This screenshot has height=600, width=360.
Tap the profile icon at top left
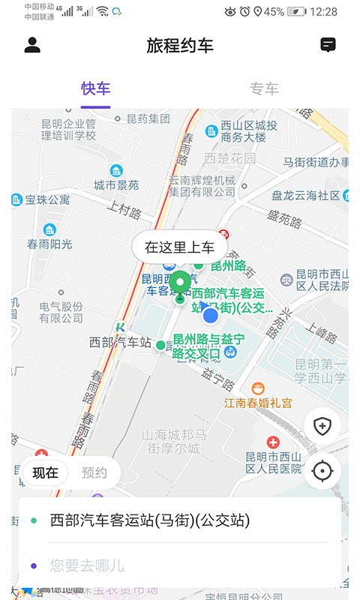(x=32, y=45)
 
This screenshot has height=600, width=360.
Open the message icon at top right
(x=328, y=45)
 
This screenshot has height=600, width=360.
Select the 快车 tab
(x=96, y=88)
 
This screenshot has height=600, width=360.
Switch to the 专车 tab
(x=264, y=88)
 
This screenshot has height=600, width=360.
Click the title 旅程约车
(x=180, y=45)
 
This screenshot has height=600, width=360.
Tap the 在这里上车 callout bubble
(x=179, y=247)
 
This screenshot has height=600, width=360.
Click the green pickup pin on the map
(x=180, y=283)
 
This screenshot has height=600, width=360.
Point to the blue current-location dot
(x=211, y=316)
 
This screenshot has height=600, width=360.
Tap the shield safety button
(x=322, y=427)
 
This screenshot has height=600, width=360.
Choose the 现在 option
(x=45, y=472)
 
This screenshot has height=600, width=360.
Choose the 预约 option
(x=94, y=472)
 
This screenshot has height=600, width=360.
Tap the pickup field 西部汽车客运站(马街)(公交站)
(x=150, y=520)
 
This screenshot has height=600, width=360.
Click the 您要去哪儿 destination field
(x=87, y=565)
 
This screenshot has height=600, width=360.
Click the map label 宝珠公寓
(x=47, y=199)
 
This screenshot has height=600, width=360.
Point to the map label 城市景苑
(x=116, y=184)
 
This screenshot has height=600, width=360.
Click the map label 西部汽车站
(x=120, y=342)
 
